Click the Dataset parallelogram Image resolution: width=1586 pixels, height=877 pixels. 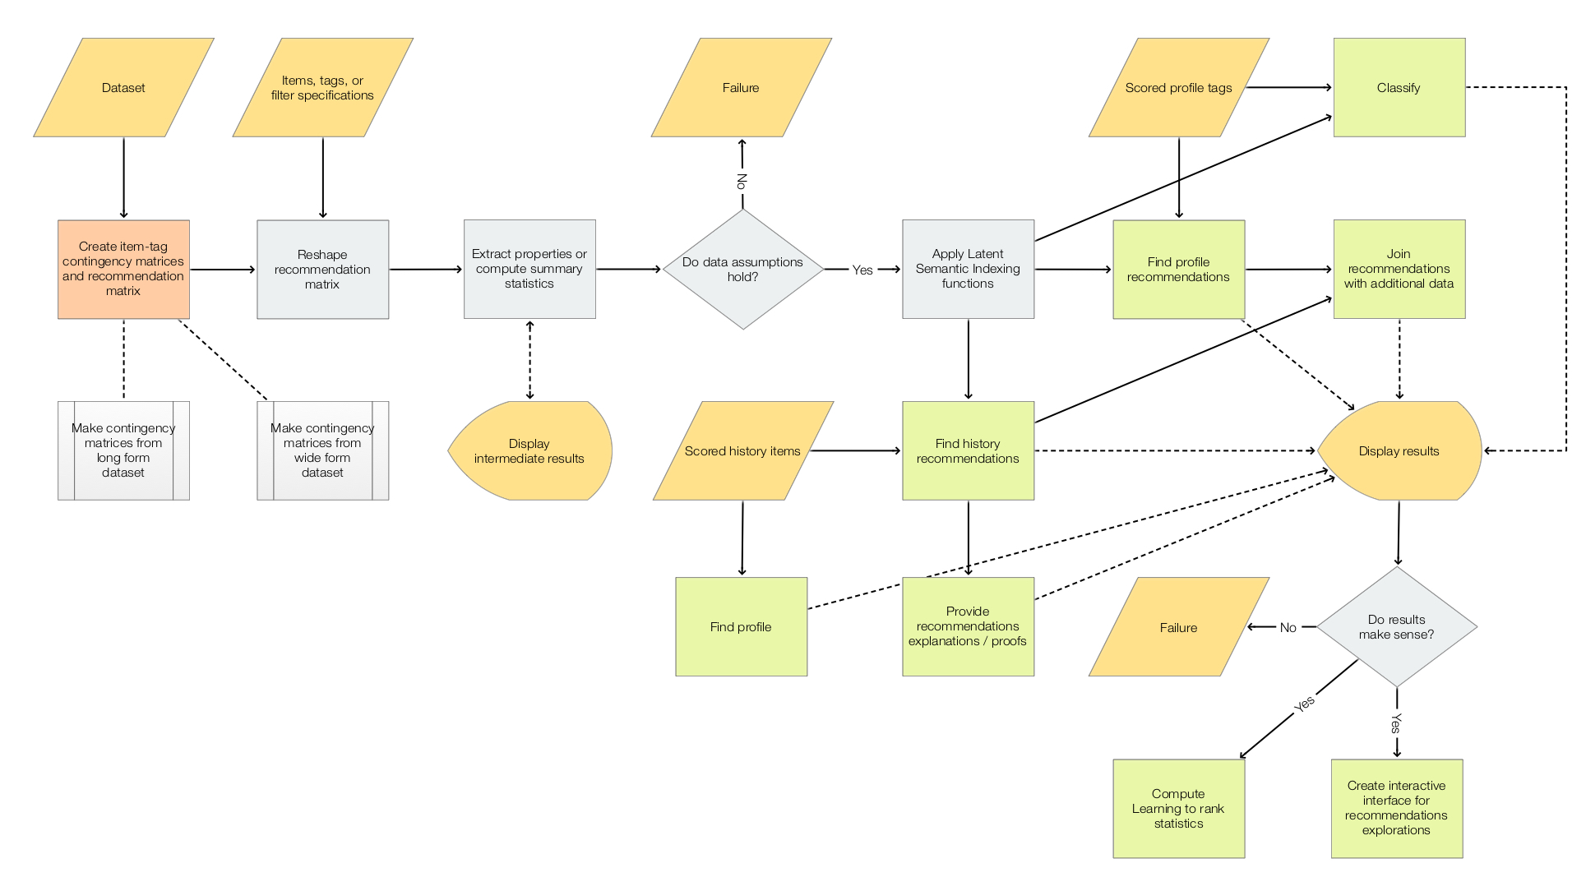click(x=123, y=87)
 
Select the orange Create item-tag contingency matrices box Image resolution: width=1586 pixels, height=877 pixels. click(x=123, y=269)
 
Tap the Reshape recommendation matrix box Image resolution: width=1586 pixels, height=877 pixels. click(x=322, y=269)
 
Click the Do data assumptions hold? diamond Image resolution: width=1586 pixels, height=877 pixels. click(x=742, y=269)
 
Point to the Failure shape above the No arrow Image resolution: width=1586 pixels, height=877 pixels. click(x=741, y=87)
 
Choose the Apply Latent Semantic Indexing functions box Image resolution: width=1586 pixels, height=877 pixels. click(x=968, y=269)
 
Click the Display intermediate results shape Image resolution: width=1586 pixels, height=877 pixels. click(x=529, y=450)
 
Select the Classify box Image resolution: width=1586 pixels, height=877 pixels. click(x=1399, y=87)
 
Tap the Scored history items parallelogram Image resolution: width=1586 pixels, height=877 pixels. click(x=742, y=450)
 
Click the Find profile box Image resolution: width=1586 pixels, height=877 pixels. click(x=741, y=626)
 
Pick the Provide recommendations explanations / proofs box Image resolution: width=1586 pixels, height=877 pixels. click(x=968, y=626)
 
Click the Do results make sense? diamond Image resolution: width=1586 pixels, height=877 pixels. click(x=1396, y=626)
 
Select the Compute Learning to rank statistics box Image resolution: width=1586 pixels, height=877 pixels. click(x=1178, y=808)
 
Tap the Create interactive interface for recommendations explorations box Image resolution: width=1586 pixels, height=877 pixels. click(x=1396, y=808)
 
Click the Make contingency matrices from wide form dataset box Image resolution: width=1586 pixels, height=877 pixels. click(x=322, y=450)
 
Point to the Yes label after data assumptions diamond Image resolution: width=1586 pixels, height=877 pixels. click(x=862, y=270)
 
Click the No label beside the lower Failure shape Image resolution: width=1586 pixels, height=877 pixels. click(x=1288, y=627)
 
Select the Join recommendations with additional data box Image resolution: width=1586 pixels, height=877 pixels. click(x=1399, y=269)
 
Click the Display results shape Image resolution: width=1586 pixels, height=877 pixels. click(x=1399, y=450)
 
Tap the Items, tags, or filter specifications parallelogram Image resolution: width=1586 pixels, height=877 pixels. click(x=322, y=87)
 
